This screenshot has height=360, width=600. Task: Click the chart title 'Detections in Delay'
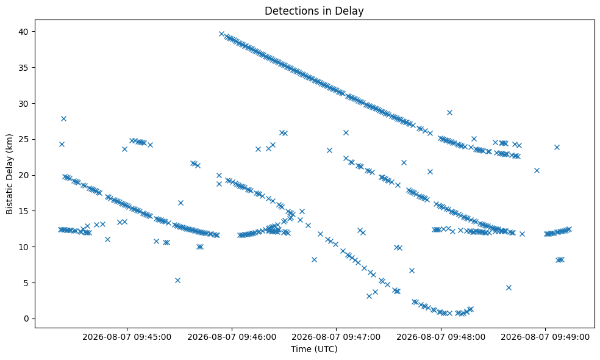[314, 11]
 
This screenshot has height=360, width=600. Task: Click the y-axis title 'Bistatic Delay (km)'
[9, 174]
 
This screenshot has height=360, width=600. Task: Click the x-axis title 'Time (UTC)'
[314, 349]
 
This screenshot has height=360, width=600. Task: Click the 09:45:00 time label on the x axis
[127, 337]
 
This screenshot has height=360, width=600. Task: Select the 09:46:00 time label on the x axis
[232, 337]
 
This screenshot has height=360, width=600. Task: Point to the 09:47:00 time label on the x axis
[336, 337]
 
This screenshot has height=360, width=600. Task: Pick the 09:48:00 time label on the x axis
[441, 337]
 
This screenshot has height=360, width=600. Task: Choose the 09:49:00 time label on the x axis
[545, 337]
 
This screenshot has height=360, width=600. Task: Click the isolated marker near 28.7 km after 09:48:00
[449, 112]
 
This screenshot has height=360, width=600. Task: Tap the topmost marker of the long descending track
[221, 34]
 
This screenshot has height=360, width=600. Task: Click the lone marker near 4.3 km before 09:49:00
[509, 287]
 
